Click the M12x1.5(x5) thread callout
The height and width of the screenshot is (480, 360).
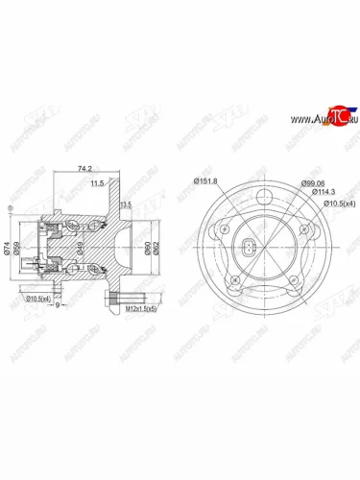point(139,310)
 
